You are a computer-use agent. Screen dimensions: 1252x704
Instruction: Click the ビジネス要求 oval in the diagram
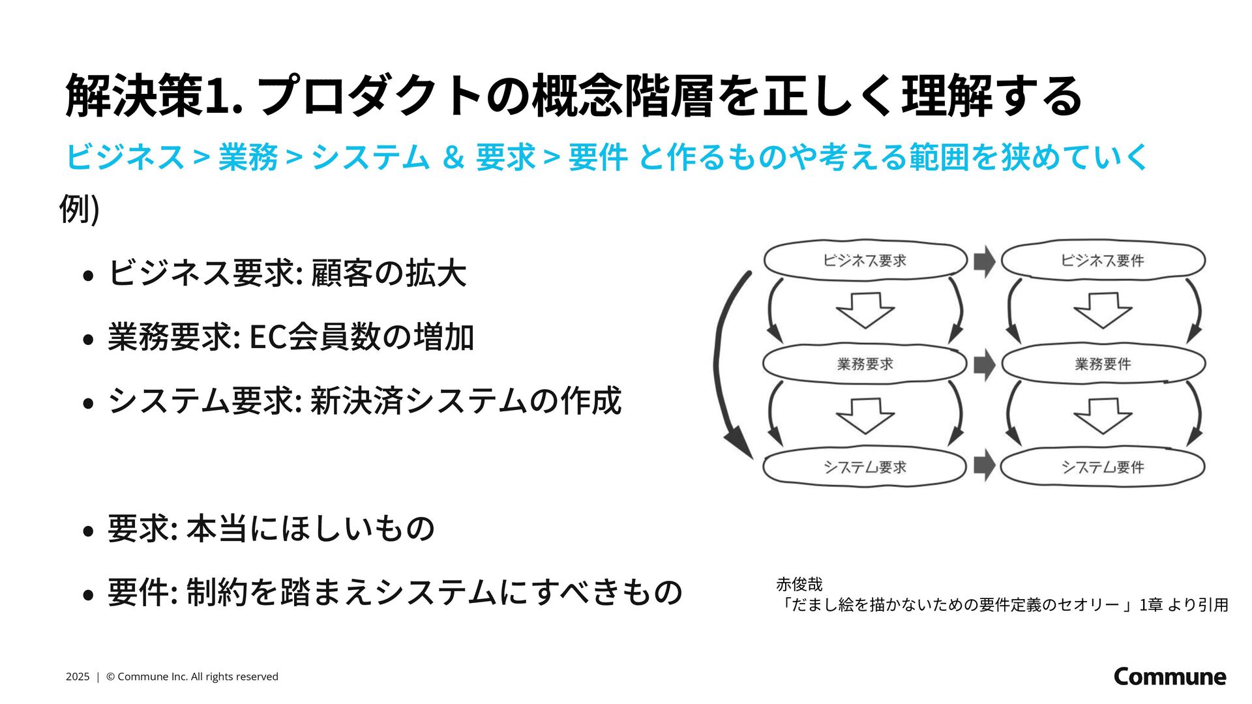[x=865, y=260]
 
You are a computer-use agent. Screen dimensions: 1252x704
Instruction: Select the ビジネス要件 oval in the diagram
[x=1102, y=260]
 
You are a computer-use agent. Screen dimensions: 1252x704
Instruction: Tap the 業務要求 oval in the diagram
[x=865, y=364]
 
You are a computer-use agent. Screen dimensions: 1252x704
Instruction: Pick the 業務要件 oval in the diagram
[x=1102, y=364]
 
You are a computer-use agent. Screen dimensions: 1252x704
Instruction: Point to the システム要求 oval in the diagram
[x=865, y=467]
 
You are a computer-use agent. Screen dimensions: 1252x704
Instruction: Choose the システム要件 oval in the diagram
[x=1102, y=467]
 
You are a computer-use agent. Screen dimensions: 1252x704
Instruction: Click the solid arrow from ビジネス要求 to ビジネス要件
[x=984, y=261]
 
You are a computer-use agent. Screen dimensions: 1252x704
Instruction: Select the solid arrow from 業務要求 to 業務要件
[x=984, y=364]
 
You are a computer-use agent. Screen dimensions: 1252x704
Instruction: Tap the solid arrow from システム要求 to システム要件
[x=984, y=466]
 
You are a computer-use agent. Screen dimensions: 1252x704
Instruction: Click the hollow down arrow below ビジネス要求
[x=865, y=310]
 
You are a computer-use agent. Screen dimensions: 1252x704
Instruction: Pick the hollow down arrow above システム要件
[x=1103, y=415]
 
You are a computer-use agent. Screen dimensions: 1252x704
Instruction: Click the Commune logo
[x=1169, y=676]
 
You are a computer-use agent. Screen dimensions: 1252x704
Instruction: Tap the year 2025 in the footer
[x=77, y=677]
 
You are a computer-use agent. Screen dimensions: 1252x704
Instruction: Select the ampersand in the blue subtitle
[x=453, y=157]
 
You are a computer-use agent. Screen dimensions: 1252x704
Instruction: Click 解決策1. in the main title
[x=154, y=96]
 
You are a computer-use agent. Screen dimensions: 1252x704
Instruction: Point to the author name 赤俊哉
[x=799, y=584]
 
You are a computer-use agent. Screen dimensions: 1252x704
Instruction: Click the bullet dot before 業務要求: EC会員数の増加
[x=89, y=339]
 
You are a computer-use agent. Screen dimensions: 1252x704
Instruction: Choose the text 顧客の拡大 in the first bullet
[x=389, y=273]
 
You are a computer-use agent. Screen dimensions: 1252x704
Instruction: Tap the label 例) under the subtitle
[x=79, y=209]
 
